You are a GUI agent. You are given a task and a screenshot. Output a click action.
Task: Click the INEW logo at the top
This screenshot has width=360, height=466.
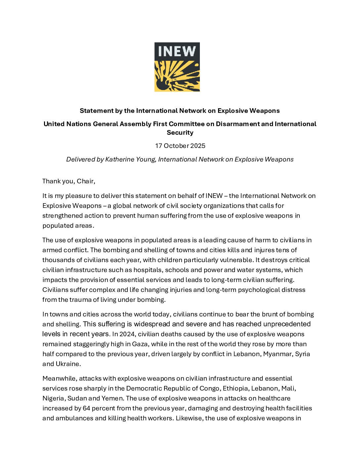click(177, 67)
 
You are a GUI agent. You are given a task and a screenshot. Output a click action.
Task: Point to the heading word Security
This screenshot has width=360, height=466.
click(180, 133)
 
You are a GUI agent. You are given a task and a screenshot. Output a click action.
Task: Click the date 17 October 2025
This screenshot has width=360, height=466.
click(180, 146)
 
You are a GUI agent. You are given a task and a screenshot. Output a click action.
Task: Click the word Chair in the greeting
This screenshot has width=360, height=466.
click(85, 181)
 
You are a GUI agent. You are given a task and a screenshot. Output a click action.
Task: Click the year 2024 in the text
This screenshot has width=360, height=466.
click(127, 334)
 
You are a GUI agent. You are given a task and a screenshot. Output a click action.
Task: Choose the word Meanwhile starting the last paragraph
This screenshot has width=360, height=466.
click(60, 379)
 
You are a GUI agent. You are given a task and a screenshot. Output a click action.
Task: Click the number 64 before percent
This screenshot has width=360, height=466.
click(86, 408)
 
